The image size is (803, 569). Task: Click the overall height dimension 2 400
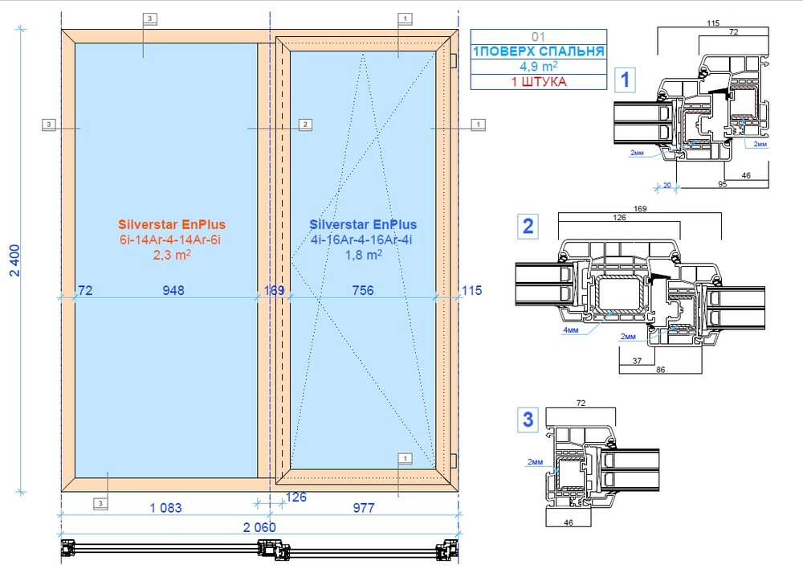(x=14, y=260)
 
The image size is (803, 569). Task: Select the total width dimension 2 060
(x=259, y=527)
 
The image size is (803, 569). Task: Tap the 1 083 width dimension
(x=165, y=508)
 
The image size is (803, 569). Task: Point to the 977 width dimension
(x=364, y=508)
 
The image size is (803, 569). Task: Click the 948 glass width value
(x=173, y=291)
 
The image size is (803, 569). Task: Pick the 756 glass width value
(x=363, y=291)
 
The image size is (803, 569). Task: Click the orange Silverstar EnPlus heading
(x=172, y=224)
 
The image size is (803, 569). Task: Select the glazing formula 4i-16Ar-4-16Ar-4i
(x=361, y=240)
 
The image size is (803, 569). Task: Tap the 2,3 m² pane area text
(x=172, y=254)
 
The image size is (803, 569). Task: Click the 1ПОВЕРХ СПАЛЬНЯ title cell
(x=539, y=51)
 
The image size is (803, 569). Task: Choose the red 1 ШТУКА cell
(x=539, y=82)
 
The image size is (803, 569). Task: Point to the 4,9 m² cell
(x=539, y=66)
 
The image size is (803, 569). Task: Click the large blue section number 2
(x=528, y=226)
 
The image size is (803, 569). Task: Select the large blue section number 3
(x=528, y=420)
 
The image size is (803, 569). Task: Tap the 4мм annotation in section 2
(x=570, y=330)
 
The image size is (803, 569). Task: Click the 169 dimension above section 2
(x=640, y=209)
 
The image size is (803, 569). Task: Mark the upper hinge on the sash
(x=453, y=60)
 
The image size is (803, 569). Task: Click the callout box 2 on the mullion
(x=305, y=125)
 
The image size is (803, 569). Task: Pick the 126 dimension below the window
(x=296, y=497)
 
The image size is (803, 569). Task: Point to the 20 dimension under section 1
(x=666, y=185)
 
